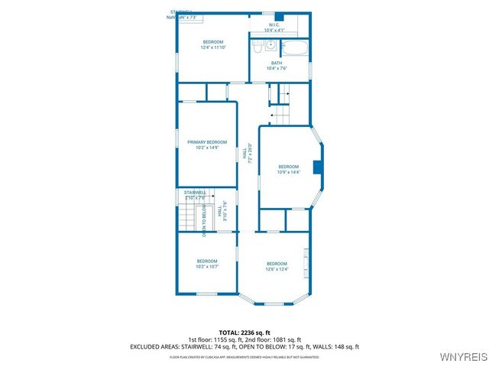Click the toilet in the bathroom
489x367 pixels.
258,47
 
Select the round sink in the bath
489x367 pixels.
271,46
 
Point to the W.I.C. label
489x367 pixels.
274,24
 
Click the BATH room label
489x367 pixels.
277,63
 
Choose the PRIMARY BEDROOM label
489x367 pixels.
207,142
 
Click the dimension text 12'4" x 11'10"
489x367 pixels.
212,47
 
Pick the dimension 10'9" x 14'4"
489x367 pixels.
288,172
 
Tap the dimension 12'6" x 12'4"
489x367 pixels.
277,269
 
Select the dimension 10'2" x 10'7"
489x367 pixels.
207,267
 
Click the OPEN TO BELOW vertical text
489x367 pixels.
204,219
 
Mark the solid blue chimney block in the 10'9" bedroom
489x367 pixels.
318,168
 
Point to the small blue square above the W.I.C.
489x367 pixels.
279,16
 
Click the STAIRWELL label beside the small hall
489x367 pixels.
195,192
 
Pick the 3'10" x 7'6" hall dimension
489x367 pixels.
225,212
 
